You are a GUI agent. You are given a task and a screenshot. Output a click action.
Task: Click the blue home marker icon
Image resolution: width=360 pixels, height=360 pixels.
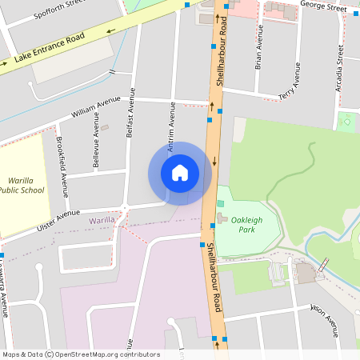[x=180, y=173]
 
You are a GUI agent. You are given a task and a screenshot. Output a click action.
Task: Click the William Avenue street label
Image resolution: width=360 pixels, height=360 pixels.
[x=95, y=108]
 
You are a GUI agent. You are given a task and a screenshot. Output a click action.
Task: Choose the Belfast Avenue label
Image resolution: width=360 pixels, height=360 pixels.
[x=132, y=113]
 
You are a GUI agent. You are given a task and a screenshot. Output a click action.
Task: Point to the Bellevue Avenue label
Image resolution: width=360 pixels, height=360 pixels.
[x=96, y=149]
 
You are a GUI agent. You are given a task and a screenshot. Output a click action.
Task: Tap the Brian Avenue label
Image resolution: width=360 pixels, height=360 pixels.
[x=258, y=54]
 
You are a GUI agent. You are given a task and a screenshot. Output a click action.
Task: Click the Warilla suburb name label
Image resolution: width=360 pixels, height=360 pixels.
[x=102, y=219]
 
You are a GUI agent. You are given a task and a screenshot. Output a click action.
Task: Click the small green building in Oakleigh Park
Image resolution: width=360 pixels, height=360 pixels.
[x=220, y=203]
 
